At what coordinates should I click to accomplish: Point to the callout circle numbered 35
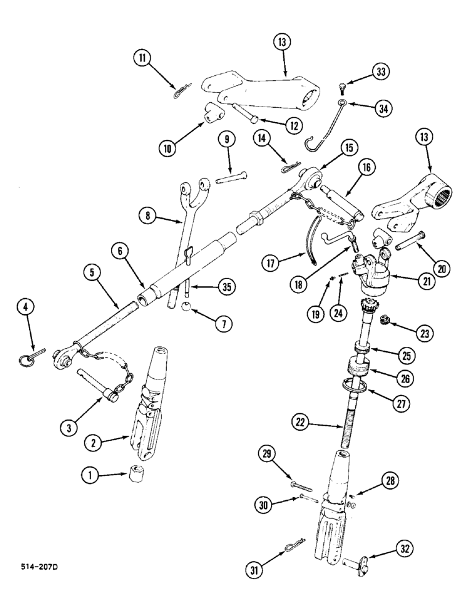coord(209,287)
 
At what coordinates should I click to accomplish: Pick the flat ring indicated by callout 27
coord(354,387)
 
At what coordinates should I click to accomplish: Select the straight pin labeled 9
coord(232,179)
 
